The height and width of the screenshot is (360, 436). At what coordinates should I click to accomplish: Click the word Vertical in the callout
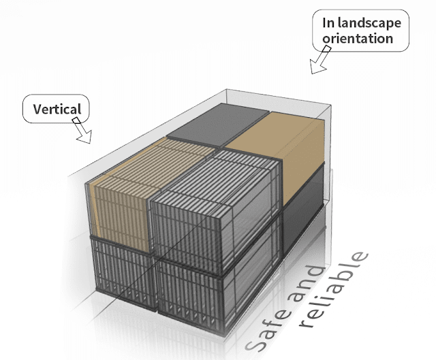pos(57,109)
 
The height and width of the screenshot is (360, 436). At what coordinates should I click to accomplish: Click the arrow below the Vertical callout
pos(82,131)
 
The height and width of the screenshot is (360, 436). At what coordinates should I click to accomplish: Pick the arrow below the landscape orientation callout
pos(318,63)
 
